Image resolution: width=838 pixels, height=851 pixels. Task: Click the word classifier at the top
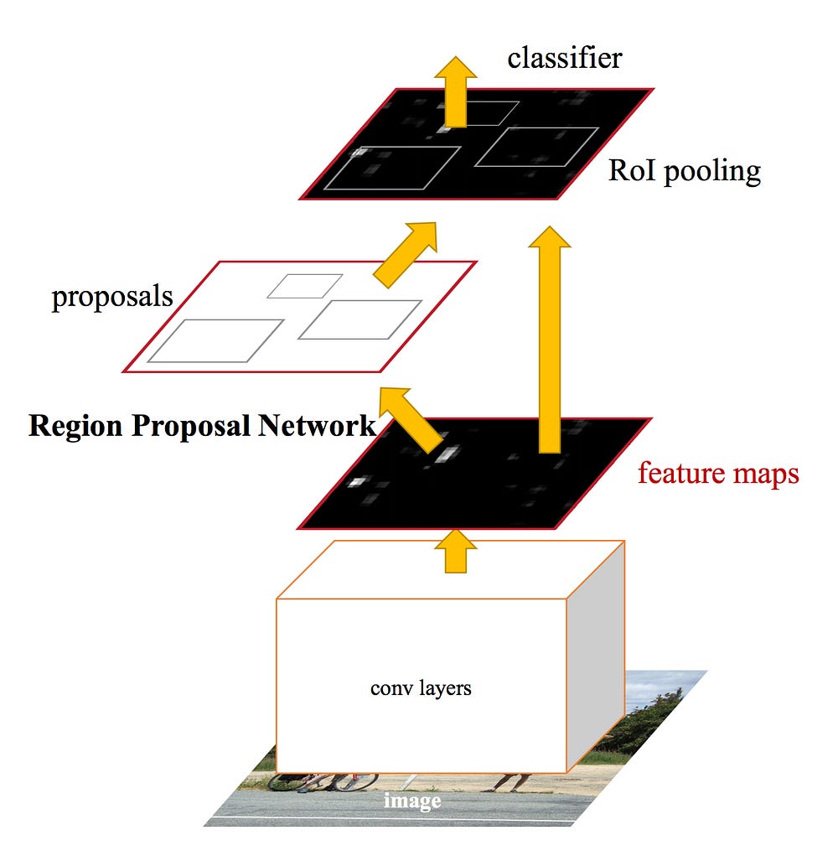pos(565,58)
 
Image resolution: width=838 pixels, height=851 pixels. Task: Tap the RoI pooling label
pos(685,172)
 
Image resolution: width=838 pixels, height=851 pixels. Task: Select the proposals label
pos(112,298)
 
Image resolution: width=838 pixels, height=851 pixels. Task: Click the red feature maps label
pos(718,473)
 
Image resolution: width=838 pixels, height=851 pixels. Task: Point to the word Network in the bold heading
pos(316,426)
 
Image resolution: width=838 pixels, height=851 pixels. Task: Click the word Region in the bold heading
pos(75,427)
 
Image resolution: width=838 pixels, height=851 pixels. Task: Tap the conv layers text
pos(421,688)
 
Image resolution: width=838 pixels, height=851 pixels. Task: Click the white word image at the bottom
pos(412,801)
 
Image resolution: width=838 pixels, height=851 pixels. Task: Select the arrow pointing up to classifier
pos(456,91)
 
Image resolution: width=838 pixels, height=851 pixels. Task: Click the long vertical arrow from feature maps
pos(550,340)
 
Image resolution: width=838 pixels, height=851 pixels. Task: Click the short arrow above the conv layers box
pos(456,552)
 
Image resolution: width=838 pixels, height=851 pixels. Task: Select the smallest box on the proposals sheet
pos(305,286)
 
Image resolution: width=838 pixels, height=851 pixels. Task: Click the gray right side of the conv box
pos(596,656)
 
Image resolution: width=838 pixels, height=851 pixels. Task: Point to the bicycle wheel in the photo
pos(356,781)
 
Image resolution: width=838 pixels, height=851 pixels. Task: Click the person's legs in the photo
pos(511,781)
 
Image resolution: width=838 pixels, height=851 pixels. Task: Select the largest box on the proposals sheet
pos(216,341)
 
